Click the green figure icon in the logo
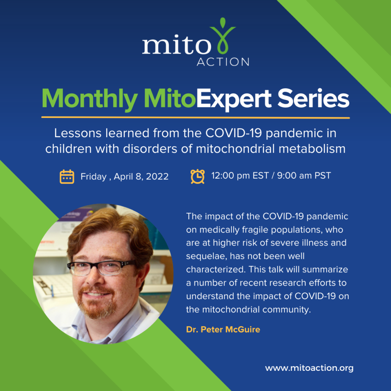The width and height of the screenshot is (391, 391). coord(223,36)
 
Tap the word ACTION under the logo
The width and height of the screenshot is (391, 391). coord(223,62)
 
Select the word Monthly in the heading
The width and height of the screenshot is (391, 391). coord(90,99)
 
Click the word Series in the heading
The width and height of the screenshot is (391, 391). coord(313,98)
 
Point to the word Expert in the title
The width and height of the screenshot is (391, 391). coord(234,99)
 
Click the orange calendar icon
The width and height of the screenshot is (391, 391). coord(67,176)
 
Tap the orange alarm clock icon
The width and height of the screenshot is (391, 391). coord(197,176)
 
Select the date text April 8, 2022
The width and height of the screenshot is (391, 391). coord(141,176)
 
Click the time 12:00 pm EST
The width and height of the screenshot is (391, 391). coord(240,176)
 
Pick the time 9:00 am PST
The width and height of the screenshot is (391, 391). coord(304,176)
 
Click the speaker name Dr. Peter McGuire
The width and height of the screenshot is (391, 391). coord(223,330)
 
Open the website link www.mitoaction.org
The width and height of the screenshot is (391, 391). coord(309,368)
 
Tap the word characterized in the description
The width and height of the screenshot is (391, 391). coord(216,270)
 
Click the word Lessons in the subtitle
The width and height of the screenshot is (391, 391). coord(78,133)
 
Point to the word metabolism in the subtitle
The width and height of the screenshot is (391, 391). coord(312,149)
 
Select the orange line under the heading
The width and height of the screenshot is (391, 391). coord(195,118)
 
